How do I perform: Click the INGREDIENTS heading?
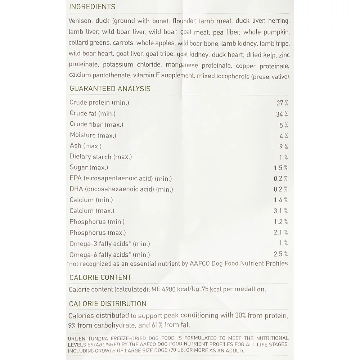[x=92, y=7]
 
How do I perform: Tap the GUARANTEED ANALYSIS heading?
[x=110, y=89]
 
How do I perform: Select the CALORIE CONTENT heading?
[x=100, y=278]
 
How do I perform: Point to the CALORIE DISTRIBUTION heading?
[x=108, y=304]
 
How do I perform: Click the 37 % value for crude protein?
[x=282, y=103]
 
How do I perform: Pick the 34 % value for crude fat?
[x=282, y=114]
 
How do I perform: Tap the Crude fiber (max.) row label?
[x=96, y=125]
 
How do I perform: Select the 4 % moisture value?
[x=284, y=136]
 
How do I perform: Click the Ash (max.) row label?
[x=85, y=146]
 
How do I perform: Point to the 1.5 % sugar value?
[x=281, y=168]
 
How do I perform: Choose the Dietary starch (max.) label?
[x=101, y=157]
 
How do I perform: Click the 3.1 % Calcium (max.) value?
[x=281, y=211]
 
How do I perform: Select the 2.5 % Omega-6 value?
[x=281, y=254]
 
